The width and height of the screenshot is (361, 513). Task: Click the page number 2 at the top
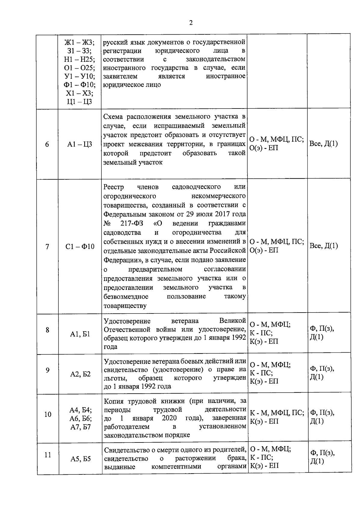click(x=191, y=23)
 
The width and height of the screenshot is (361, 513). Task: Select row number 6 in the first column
click(x=47, y=144)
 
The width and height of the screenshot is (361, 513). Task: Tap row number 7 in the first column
click(x=47, y=247)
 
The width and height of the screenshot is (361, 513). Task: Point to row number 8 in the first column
click(x=47, y=330)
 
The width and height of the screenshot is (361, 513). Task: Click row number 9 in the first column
click(x=48, y=370)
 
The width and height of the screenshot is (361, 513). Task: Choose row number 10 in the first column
click(x=48, y=414)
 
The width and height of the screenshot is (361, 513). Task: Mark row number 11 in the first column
click(x=48, y=455)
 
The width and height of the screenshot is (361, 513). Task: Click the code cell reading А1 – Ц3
click(x=80, y=144)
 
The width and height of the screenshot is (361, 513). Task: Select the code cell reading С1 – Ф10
click(x=80, y=247)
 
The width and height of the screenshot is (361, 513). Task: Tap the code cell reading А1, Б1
click(x=80, y=334)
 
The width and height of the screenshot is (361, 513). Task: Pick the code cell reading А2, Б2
click(x=80, y=374)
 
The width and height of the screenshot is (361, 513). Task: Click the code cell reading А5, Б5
click(x=81, y=459)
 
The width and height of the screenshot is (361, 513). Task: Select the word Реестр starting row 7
click(x=114, y=187)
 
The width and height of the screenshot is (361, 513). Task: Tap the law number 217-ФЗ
click(x=132, y=223)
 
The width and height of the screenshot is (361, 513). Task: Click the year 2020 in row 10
click(x=169, y=418)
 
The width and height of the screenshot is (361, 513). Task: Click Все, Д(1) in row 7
click(x=324, y=246)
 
